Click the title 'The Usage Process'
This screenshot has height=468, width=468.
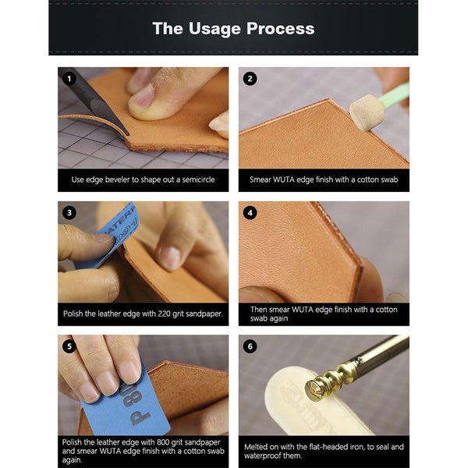tap(233, 29)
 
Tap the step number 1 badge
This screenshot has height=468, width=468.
tap(69, 78)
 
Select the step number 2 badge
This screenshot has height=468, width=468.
tap(250, 78)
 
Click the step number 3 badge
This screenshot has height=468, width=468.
tap(69, 212)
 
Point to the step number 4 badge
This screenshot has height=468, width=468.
tap(250, 212)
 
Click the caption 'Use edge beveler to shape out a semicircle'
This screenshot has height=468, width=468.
tap(143, 179)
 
